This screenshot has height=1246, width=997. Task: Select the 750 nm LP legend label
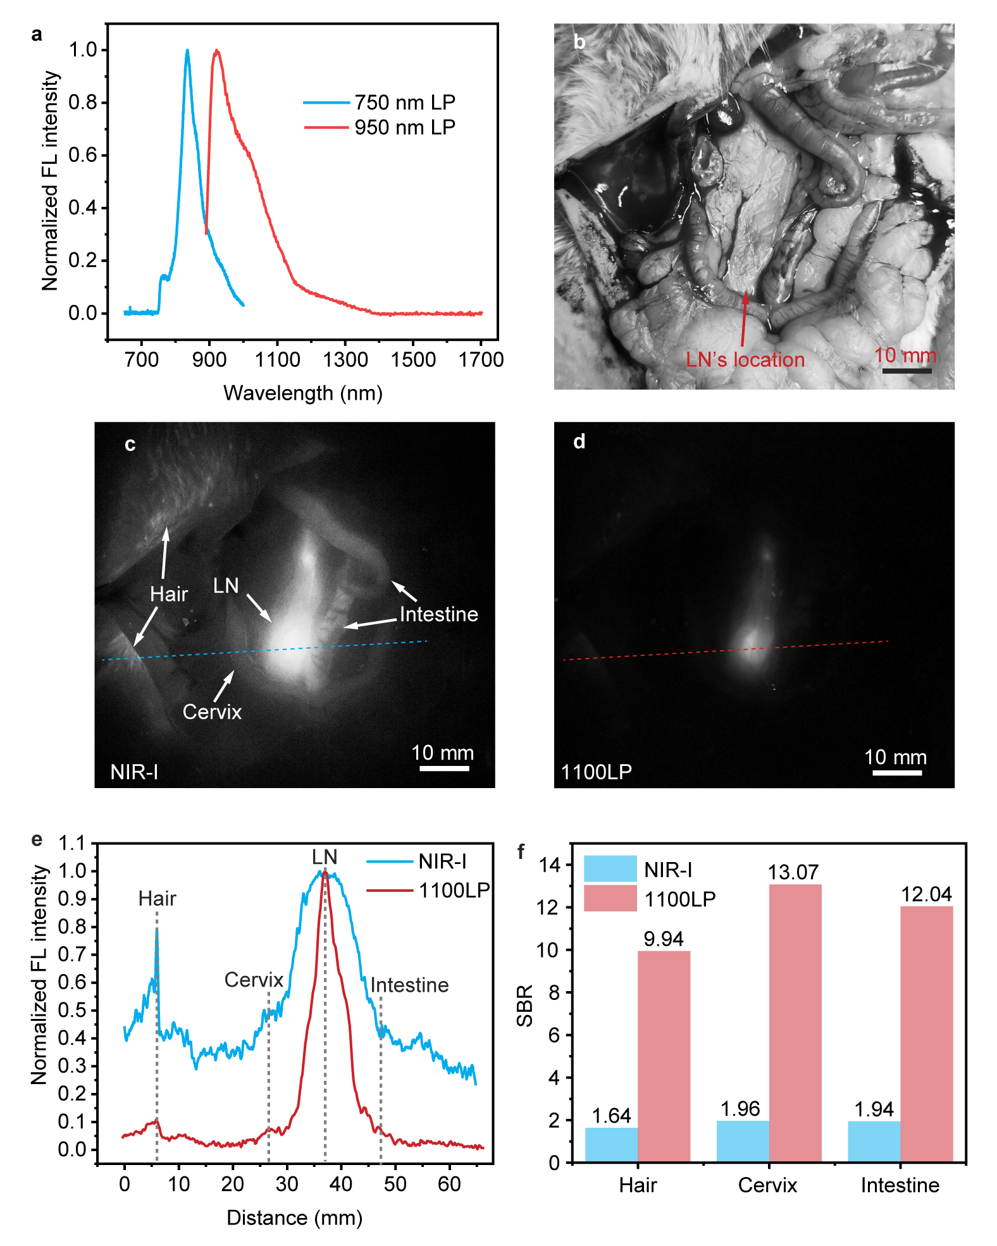405,102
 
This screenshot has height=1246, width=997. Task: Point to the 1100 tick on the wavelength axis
277,360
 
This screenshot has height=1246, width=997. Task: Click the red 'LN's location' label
745,360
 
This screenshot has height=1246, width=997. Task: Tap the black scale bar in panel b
907,371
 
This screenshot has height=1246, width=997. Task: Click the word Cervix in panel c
212,712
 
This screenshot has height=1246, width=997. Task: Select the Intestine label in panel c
438,614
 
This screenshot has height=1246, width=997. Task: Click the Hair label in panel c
169,594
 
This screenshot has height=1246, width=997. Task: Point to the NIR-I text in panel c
134,772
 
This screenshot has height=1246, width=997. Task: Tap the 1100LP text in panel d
596,772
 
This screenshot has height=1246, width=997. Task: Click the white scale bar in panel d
896,772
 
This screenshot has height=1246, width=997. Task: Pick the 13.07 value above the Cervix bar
793,873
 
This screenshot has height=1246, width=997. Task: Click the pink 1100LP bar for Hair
664,1056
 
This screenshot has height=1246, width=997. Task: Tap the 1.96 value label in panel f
740,1109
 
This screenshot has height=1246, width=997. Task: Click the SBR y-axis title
525,1006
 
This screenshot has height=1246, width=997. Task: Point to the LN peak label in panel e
325,857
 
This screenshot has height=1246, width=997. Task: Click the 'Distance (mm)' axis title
294,1218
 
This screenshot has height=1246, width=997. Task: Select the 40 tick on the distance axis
341,1184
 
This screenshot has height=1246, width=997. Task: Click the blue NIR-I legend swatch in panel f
610,869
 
